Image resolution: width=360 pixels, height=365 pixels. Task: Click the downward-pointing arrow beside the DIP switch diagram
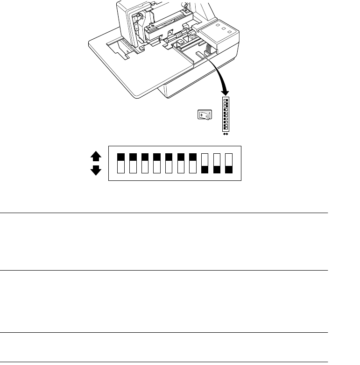click(x=96, y=170)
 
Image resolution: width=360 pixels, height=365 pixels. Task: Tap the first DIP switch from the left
click(x=120, y=163)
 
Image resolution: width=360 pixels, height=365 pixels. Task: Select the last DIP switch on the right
click(x=229, y=163)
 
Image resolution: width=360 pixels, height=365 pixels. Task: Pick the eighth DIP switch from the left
click(x=205, y=163)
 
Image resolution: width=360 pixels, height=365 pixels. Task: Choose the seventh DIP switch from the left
click(x=193, y=163)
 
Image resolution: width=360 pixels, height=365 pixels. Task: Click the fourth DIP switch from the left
click(x=157, y=163)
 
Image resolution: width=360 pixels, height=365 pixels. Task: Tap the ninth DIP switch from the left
click(x=217, y=163)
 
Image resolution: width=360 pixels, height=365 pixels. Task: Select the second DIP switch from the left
click(x=133, y=163)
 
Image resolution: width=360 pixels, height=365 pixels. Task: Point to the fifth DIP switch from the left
click(x=169, y=163)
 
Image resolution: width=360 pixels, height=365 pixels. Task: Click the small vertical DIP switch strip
click(x=226, y=114)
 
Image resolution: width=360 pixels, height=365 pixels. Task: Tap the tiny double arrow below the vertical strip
click(x=226, y=134)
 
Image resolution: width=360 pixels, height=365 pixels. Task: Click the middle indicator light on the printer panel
click(x=225, y=29)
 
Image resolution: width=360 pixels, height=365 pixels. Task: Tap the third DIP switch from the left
click(x=145, y=163)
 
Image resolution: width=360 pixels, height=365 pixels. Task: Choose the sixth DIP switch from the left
click(x=181, y=163)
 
